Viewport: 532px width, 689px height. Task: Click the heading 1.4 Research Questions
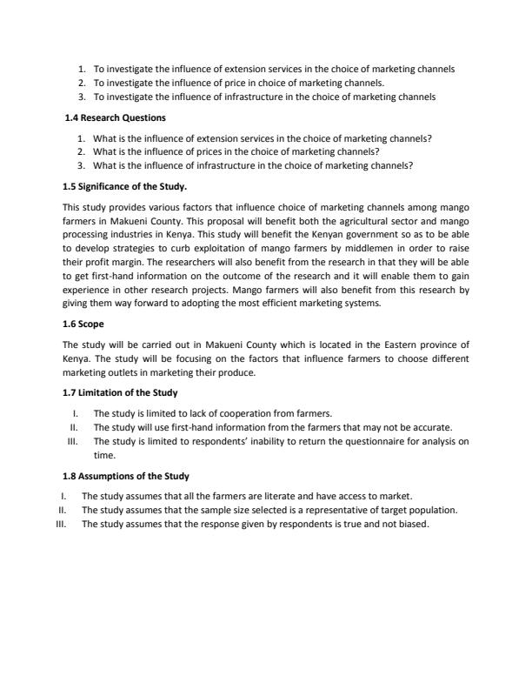(116, 117)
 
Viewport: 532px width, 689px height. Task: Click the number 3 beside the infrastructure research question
(81, 164)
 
